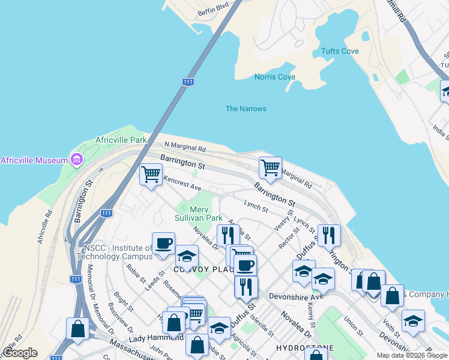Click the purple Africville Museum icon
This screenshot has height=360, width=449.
(x=76, y=160)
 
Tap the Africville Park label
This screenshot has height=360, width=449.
(x=121, y=140)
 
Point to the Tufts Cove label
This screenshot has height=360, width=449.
(x=340, y=51)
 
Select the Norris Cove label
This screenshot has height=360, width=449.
(x=274, y=77)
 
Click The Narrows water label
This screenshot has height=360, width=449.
(x=246, y=109)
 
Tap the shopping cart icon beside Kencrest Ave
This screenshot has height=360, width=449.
(x=151, y=175)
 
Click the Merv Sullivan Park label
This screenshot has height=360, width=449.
(x=199, y=214)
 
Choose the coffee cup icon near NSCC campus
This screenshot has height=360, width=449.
(x=163, y=244)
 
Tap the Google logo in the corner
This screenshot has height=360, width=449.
(x=19, y=353)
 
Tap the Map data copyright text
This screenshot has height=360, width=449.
(x=412, y=355)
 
